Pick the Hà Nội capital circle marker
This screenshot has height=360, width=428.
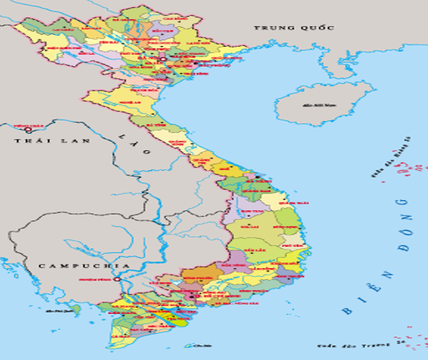161,60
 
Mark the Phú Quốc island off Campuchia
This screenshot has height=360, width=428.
75,310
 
